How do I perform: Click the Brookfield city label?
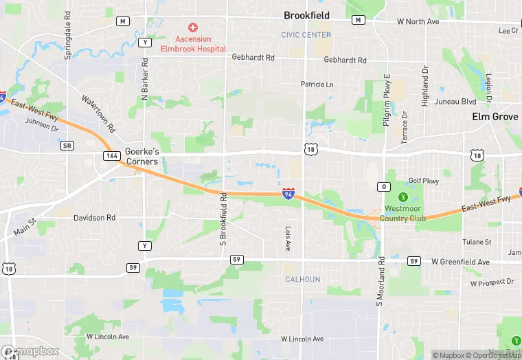[307, 15]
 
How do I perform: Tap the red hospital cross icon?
[193, 27]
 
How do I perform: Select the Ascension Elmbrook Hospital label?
[193, 44]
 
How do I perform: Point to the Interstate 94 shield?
[289, 194]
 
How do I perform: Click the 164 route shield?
[111, 156]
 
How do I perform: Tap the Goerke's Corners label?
[141, 156]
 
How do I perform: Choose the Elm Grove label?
[495, 117]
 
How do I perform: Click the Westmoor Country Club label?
[405, 213]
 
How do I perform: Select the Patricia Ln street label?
[317, 85]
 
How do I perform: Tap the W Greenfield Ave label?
[460, 262]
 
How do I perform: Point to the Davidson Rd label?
[94, 218]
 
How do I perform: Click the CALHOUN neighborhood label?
[303, 280]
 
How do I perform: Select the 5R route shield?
[67, 146]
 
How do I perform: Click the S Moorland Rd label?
[381, 281]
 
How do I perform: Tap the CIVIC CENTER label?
[306, 35]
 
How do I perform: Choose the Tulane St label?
[477, 242]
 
